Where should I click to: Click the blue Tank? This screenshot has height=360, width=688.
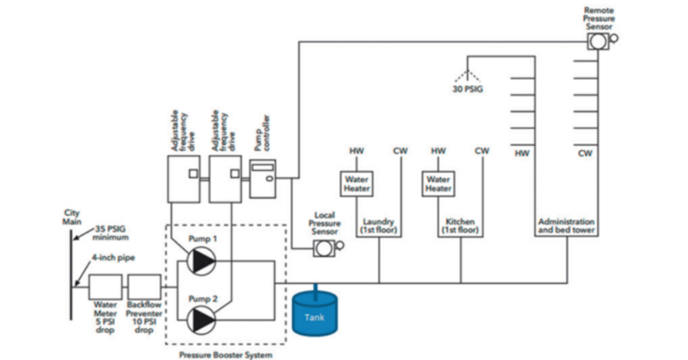pyautogui.click(x=316, y=314)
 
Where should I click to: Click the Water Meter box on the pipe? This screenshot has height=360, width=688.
pyautogui.click(x=106, y=288)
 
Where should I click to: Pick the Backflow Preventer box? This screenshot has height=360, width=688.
pyautogui.click(x=143, y=288)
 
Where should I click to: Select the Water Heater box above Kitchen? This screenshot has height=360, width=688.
pyautogui.click(x=438, y=184)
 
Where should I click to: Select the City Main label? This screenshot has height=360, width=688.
pyautogui.click(x=72, y=217)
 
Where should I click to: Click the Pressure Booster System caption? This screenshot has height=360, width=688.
pyautogui.click(x=226, y=354)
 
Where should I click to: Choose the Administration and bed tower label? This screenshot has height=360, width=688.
pyautogui.click(x=565, y=225)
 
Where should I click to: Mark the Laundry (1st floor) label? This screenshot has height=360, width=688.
pyautogui.click(x=379, y=225)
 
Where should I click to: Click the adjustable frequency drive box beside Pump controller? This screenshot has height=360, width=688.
pyautogui.click(x=225, y=177)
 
